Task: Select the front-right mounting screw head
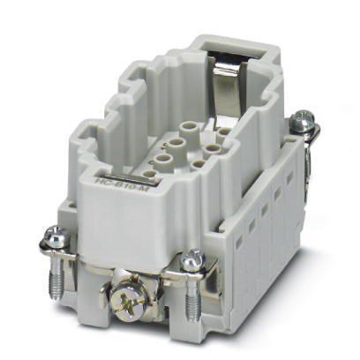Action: click(195, 259)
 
